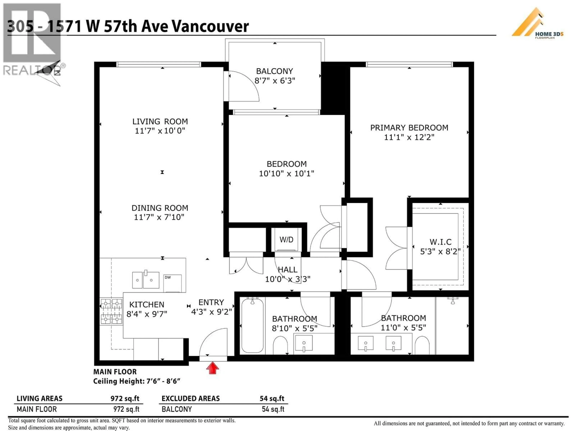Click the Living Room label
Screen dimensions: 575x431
(160, 121)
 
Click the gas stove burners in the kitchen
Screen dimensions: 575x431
(111, 311)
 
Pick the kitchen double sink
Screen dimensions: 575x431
(146, 280)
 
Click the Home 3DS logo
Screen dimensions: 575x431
(538, 24)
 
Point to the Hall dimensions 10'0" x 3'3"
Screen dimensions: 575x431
(287, 279)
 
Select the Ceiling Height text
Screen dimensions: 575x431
(137, 381)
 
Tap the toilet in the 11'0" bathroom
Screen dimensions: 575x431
(422, 345)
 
